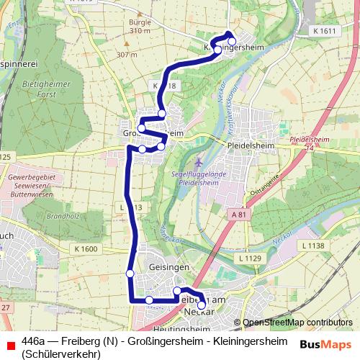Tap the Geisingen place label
click(x=168, y=266)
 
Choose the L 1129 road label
click(x=248, y=257)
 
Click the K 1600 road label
click(x=85, y=248)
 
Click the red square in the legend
click(x=9, y=346)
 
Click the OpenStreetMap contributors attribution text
click(x=297, y=322)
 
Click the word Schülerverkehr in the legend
click(x=60, y=353)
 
